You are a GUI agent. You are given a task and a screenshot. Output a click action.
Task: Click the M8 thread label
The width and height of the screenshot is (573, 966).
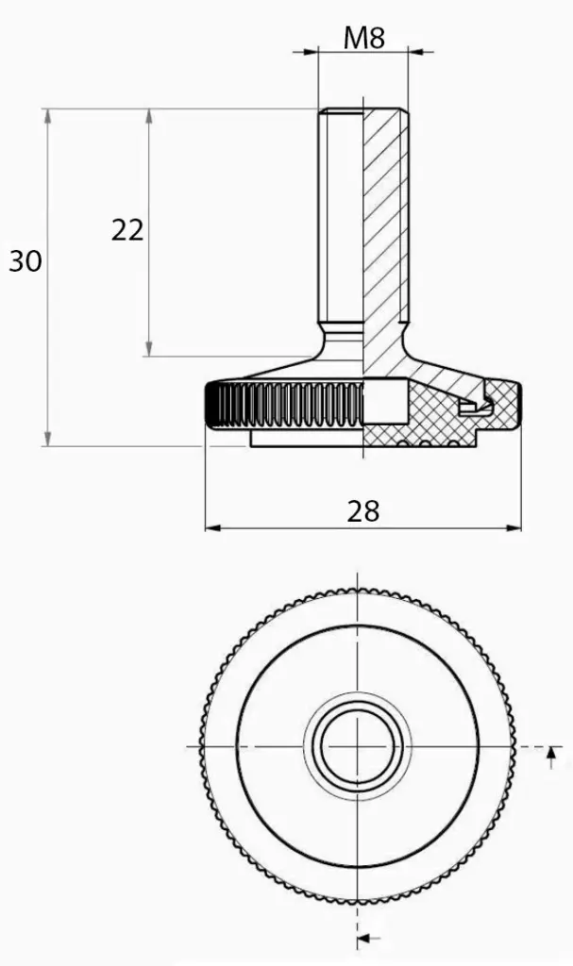(x=364, y=38)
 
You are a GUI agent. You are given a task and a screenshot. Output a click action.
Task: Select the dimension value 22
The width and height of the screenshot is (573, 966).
(x=127, y=230)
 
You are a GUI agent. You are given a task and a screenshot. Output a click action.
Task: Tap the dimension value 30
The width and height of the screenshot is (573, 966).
(x=25, y=261)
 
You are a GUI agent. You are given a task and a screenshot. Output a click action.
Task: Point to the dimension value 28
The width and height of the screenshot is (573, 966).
(x=362, y=511)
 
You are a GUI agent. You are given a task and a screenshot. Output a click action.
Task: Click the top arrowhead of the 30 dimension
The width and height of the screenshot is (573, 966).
(x=47, y=117)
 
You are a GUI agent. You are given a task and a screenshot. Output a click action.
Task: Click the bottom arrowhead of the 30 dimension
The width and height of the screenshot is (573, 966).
(x=47, y=438)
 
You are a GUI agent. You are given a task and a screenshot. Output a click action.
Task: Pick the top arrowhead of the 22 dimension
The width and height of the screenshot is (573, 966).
(x=148, y=117)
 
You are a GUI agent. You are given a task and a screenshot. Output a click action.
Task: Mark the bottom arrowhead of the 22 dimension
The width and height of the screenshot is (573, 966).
(x=148, y=348)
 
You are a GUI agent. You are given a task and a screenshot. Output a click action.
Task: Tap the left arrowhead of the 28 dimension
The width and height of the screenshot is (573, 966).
(x=213, y=527)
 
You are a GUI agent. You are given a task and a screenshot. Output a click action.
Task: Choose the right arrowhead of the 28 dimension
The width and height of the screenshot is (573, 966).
(x=514, y=527)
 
